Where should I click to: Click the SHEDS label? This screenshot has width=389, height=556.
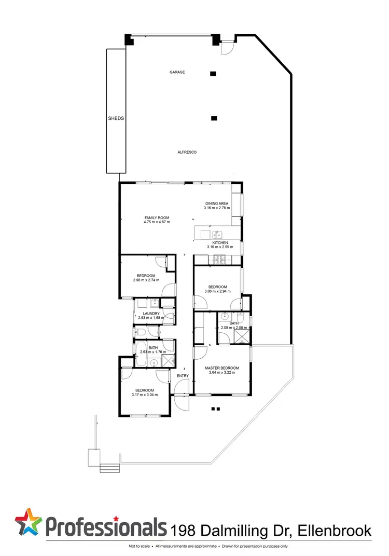[x=116, y=118]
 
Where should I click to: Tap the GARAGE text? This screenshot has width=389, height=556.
[x=177, y=72]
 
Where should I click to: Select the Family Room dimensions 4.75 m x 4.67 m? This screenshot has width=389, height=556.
[x=156, y=222]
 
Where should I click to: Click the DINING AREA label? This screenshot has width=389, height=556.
[x=216, y=204]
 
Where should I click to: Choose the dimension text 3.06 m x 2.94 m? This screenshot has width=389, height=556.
[x=217, y=292]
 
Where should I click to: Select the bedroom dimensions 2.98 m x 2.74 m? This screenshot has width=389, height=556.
[x=146, y=280]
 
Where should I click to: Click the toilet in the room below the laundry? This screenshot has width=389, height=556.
[x=138, y=331]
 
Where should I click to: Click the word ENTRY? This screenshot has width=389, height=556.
[x=183, y=375]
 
